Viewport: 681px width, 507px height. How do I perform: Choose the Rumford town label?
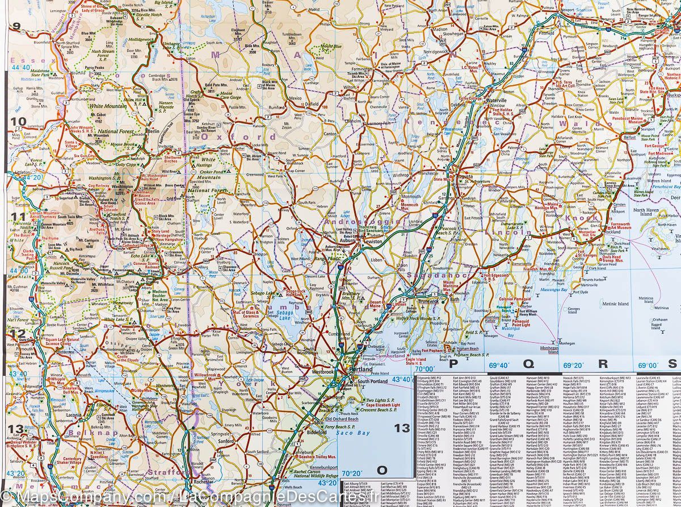pos(276,107)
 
